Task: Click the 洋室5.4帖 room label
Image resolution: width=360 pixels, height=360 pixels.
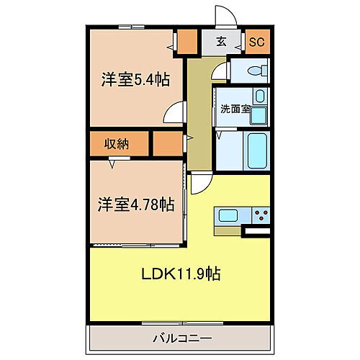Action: (135, 81)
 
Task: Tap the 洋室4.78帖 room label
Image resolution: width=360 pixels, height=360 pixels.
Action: (137, 204)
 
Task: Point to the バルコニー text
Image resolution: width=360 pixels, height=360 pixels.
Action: (181, 337)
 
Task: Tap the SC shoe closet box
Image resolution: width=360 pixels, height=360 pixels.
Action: (256, 42)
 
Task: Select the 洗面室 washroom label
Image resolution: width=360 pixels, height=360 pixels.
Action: (235, 109)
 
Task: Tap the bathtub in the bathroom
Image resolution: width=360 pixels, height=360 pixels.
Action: (257, 150)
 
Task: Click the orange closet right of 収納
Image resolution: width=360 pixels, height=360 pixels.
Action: (168, 143)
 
